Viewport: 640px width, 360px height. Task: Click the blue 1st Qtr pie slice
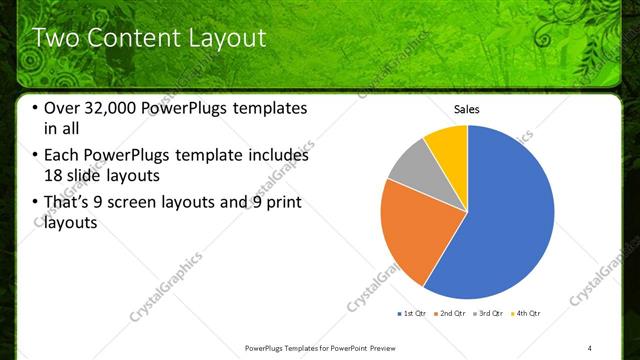pyautogui.click(x=510, y=220)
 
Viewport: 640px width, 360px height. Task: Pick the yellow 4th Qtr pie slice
pyautogui.click(x=448, y=145)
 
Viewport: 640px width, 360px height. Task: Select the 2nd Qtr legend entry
pyautogui.click(x=452, y=314)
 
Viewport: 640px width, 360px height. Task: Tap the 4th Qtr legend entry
pyautogui.click(x=528, y=314)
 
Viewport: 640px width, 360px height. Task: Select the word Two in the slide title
pyautogui.click(x=56, y=38)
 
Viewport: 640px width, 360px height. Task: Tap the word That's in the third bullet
pyautogui.click(x=71, y=203)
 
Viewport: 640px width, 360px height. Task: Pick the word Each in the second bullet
pyautogui.click(x=64, y=155)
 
